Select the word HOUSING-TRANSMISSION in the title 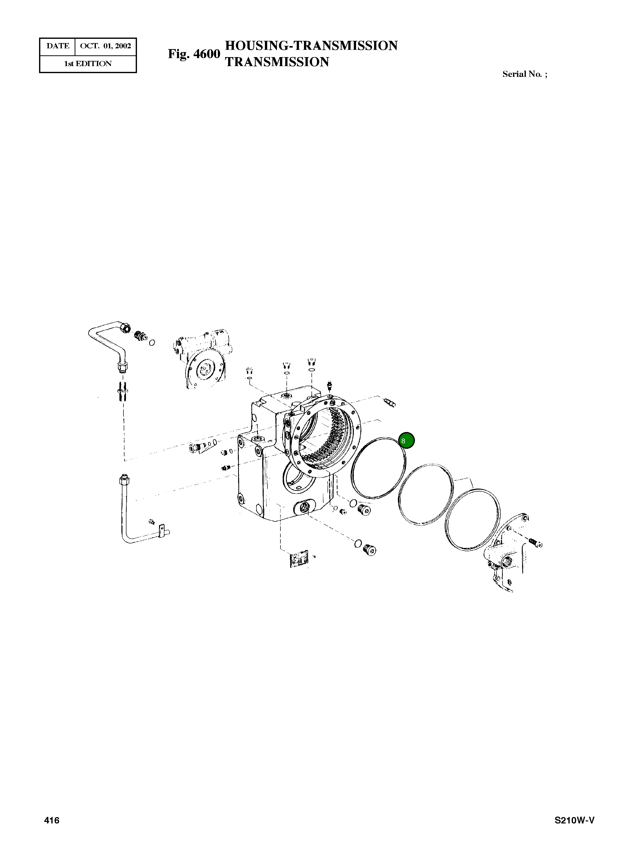[x=311, y=46]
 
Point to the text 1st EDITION [x=88, y=64]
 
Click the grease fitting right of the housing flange [x=389, y=402]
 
